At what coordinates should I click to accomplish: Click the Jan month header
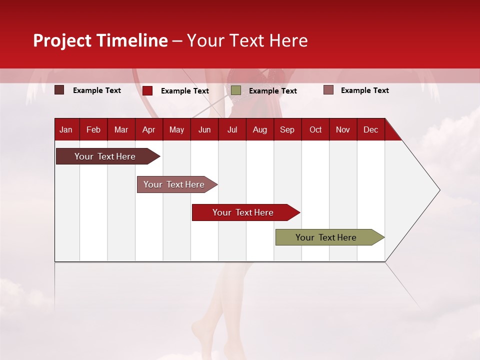point(66,129)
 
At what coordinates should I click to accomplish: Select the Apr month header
point(148,129)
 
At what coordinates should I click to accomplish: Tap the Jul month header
point(232,129)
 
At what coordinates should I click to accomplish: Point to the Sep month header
point(287,129)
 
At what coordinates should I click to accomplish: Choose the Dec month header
point(370,129)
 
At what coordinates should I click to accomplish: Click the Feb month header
point(93,129)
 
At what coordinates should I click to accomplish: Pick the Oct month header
point(315,129)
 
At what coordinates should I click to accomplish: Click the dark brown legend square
point(59,90)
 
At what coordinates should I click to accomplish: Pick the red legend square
point(147,90)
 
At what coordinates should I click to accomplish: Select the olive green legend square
point(236,90)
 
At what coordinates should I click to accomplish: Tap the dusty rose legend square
point(328,90)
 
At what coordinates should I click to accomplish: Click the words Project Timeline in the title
point(100,40)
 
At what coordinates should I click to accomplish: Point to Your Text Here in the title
point(247,40)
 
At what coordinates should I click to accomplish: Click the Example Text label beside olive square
point(272,91)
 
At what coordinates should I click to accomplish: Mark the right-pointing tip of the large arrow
point(438,190)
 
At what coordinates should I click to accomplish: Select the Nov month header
point(343,129)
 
